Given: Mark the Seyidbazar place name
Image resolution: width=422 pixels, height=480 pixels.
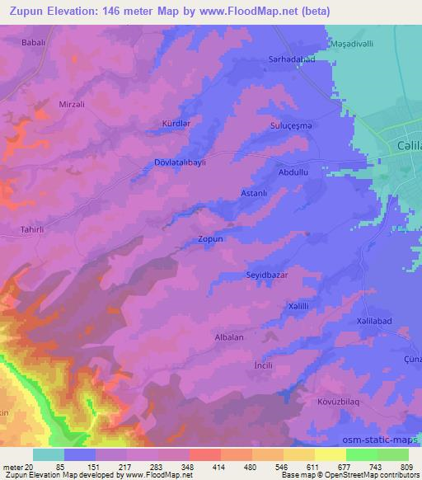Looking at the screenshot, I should [267, 274].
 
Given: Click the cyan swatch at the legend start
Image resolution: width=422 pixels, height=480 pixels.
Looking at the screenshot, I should [49, 454].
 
